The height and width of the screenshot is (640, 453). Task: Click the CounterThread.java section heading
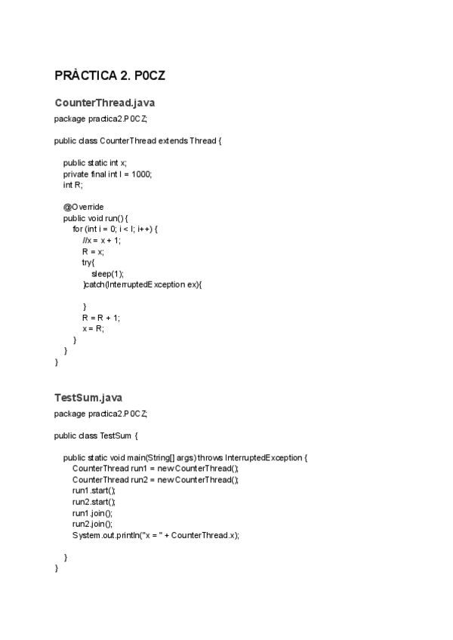(104, 103)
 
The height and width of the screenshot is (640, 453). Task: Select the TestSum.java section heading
(88, 397)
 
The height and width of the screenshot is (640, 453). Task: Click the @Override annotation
(83, 207)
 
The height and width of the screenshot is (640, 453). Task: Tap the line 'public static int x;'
(95, 162)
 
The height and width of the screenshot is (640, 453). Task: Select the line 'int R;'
(73, 185)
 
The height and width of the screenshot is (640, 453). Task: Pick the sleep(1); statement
(107, 273)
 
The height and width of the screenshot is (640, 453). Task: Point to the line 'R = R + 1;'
(101, 318)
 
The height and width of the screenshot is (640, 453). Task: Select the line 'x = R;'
(94, 329)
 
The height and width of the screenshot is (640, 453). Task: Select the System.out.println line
(156, 535)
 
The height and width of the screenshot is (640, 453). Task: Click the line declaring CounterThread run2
(156, 479)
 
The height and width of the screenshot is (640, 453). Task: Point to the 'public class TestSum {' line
(96, 435)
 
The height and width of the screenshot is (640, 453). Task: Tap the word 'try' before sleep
(88, 262)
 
